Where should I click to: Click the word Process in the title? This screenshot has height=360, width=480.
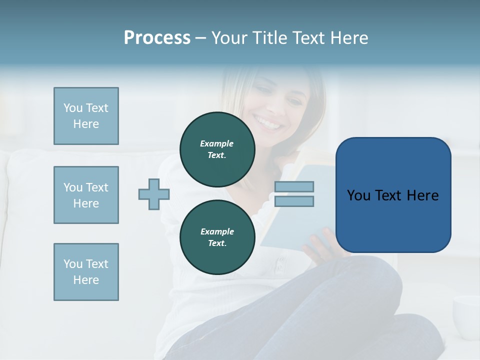(x=157, y=38)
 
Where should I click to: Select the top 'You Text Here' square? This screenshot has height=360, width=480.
(x=86, y=116)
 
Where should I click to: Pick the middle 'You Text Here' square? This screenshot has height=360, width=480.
(x=86, y=195)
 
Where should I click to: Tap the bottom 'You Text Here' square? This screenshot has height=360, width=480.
(x=86, y=272)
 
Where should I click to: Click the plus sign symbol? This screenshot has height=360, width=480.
(x=154, y=194)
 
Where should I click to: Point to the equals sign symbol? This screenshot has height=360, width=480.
(x=294, y=194)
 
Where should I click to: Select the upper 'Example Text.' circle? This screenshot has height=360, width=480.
(x=217, y=149)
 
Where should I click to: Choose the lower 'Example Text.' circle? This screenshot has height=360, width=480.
(x=217, y=237)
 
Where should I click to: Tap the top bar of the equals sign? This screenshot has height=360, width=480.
(x=294, y=186)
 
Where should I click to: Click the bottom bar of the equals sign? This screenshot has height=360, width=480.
(x=294, y=201)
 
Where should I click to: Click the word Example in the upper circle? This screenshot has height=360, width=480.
(x=216, y=143)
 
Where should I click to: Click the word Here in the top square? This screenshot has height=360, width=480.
(x=86, y=124)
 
